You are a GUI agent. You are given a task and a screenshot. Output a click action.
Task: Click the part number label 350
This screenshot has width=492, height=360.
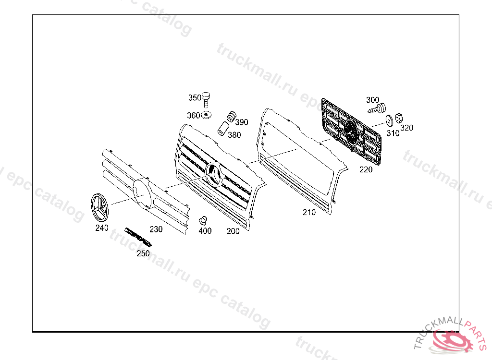[x=194, y=98]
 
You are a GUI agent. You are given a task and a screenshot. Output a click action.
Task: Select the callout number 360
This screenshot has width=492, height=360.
[x=193, y=116]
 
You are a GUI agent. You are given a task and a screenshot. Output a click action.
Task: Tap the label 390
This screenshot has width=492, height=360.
[x=242, y=122]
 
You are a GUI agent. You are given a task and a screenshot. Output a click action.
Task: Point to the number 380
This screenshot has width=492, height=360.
[x=234, y=135]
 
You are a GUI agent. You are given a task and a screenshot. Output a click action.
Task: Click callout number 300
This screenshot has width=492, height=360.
[x=372, y=100]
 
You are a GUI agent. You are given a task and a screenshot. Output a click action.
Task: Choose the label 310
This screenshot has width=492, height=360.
[x=393, y=133]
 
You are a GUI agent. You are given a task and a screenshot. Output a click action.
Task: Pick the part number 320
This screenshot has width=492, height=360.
[x=406, y=128]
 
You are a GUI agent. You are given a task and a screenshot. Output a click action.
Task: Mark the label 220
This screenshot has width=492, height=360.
[x=366, y=169]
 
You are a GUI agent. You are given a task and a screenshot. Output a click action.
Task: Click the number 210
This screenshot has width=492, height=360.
[x=309, y=212]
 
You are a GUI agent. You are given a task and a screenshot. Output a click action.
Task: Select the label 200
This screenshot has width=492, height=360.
[x=233, y=231]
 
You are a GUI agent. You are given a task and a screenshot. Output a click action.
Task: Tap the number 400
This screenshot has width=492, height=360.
[x=205, y=231]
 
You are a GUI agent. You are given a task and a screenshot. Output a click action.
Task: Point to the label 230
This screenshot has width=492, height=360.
[x=156, y=229]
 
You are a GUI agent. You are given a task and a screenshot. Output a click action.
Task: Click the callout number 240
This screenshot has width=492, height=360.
[x=102, y=228]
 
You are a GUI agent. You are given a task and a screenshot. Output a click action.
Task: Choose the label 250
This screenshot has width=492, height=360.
[x=143, y=253]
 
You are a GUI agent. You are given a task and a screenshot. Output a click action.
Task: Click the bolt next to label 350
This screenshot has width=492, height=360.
[x=207, y=98]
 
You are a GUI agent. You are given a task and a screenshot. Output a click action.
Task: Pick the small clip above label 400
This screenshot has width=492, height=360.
[x=203, y=220]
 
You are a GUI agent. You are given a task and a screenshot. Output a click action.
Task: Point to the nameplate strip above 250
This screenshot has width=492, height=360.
[x=137, y=236]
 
